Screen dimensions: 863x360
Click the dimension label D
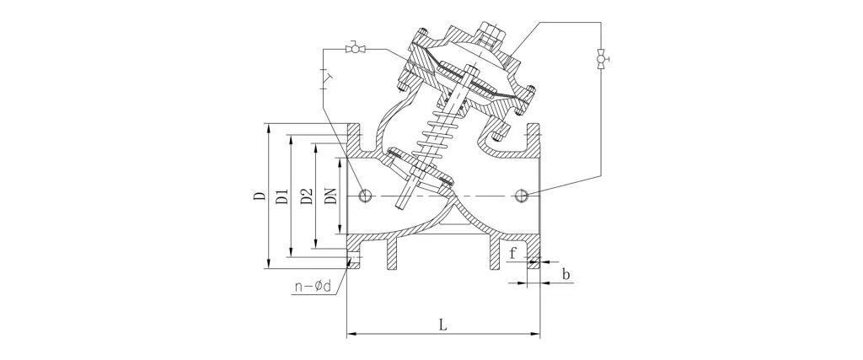point(259,196)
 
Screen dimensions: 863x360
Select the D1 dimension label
point(281,196)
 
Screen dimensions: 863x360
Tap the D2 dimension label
point(307,196)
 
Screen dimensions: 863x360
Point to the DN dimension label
point(330,196)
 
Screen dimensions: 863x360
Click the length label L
point(443,325)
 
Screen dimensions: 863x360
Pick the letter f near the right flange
point(513,254)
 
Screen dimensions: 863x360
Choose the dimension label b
point(566,273)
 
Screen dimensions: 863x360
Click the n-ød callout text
point(314,287)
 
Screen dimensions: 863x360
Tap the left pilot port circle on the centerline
point(365,196)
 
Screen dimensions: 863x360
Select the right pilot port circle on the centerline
point(522,196)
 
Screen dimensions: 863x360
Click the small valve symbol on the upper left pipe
point(355,49)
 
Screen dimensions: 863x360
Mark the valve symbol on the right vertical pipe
point(601,59)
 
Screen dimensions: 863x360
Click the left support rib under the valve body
point(392,255)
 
